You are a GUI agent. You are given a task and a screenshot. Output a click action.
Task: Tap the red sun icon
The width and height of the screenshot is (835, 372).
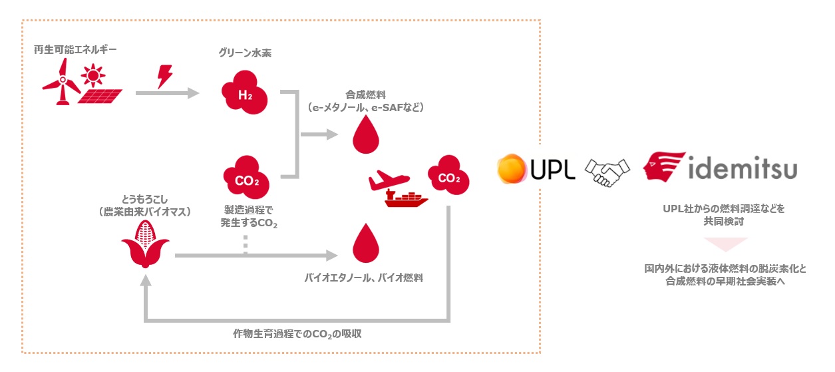coord(92,74)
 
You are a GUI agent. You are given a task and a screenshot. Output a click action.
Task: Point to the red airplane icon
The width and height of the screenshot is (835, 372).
coord(389,179)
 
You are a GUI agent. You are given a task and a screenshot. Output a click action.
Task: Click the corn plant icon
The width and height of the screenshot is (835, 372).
coord(145,242)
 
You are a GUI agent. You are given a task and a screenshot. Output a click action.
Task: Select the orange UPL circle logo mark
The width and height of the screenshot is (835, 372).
coord(513,169)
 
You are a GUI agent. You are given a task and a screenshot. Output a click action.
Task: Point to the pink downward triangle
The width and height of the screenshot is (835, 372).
coord(725,244)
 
